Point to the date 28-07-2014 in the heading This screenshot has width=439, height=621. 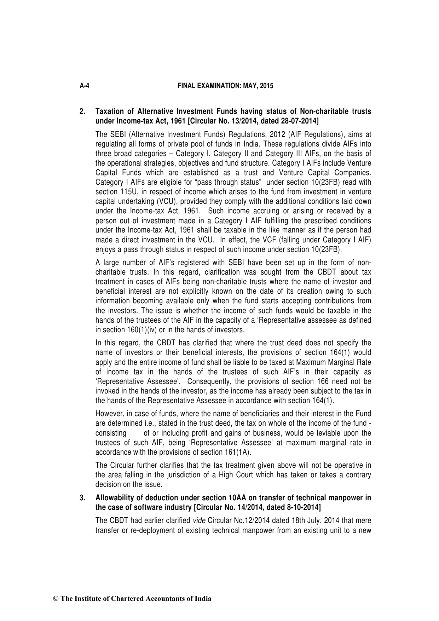click(300, 121)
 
